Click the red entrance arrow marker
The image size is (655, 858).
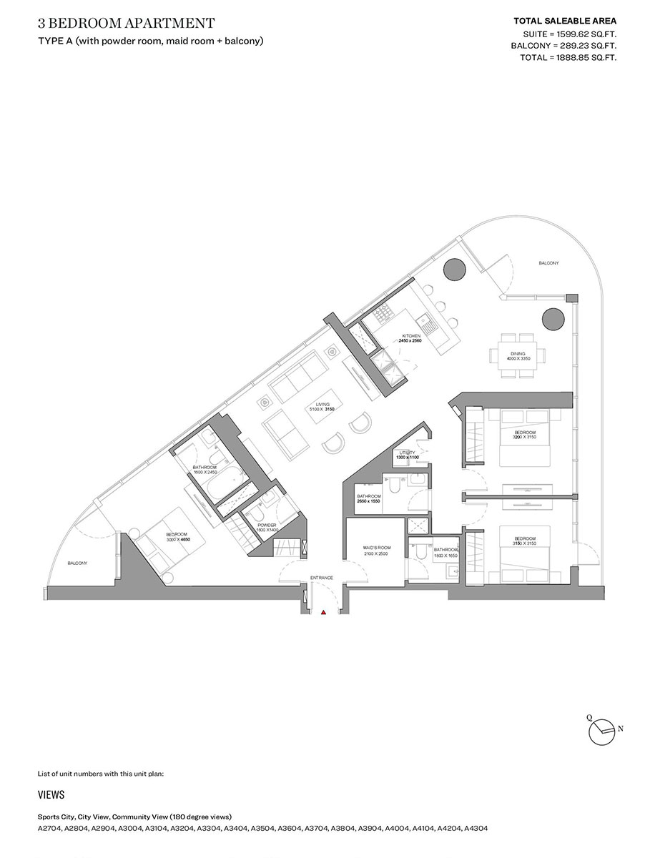323,613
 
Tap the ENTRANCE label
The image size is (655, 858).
322,577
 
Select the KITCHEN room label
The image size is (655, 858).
410,335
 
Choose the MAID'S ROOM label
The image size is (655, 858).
375,548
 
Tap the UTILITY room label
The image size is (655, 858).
407,452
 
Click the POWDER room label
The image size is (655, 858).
267,524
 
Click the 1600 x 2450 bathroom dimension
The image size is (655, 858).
205,472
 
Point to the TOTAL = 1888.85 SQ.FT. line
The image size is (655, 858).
568,57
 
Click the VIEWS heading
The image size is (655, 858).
51,795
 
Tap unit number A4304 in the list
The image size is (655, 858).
476,829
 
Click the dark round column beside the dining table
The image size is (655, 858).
551,318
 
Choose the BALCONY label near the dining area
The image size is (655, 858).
548,264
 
